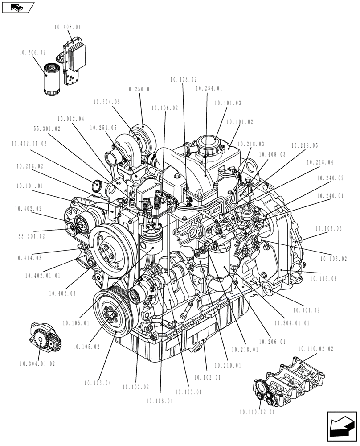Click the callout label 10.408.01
tap(68, 27)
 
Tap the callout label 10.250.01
tap(139, 90)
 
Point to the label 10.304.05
tap(107, 102)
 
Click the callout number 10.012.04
tap(70, 119)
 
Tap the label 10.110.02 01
tap(257, 413)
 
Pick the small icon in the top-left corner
tap(18, 7)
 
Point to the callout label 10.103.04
tap(97, 383)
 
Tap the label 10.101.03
tap(228, 103)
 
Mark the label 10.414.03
tap(28, 258)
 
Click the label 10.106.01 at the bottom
tap(159, 401)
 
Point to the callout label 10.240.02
tap(330, 178)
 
